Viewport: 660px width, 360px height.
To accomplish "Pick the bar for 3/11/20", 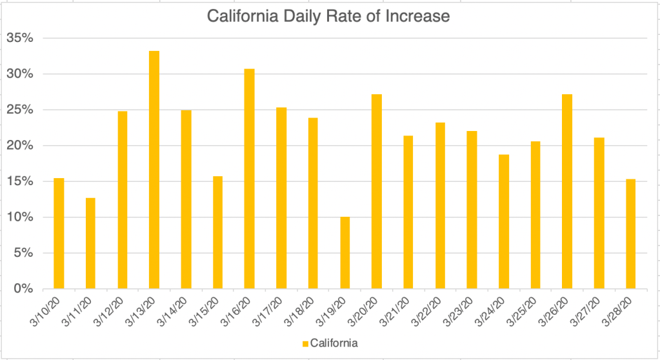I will (x=90, y=243).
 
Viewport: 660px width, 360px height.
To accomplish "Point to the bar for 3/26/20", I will (x=568, y=191).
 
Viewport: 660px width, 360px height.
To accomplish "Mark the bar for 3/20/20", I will (x=377, y=191).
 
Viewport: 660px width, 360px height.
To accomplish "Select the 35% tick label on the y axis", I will (x=19, y=38).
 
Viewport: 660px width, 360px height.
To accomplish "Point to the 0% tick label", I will (x=23, y=288).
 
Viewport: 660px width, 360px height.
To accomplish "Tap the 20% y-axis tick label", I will (x=19, y=145).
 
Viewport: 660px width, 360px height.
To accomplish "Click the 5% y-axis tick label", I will (x=23, y=253).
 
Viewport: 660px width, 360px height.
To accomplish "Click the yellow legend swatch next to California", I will (x=305, y=342).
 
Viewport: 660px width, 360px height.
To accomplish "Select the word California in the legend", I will (x=334, y=342).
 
